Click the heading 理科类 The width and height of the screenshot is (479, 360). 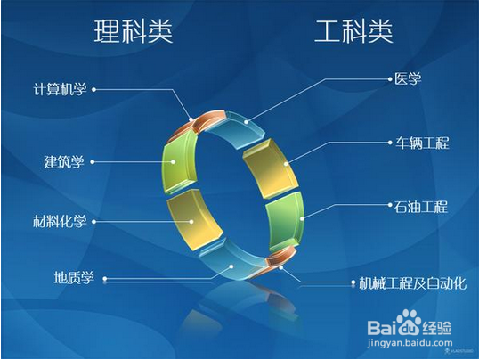(134, 32)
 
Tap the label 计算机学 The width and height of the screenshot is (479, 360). (60, 89)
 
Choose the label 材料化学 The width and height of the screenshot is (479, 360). (60, 220)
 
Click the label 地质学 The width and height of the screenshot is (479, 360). (74, 278)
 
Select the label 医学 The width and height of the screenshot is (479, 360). (407, 78)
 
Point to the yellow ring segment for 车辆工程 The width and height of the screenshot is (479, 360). (267, 169)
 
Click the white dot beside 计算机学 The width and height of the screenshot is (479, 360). (93, 89)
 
